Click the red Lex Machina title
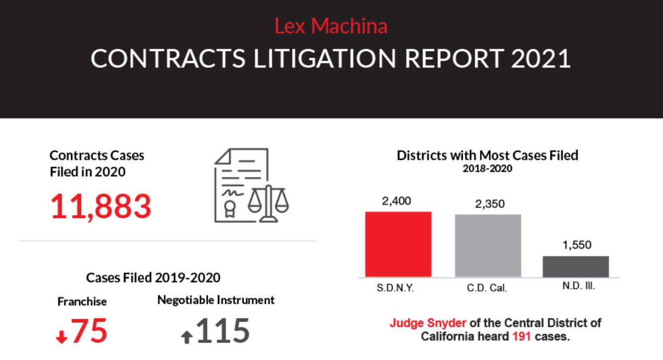click(x=331, y=26)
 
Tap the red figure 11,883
click(x=101, y=206)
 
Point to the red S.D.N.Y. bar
click(x=398, y=244)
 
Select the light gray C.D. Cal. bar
click(x=488, y=246)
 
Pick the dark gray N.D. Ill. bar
click(x=576, y=267)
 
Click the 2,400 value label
click(x=398, y=202)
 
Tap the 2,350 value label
click(x=488, y=204)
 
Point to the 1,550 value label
click(x=577, y=245)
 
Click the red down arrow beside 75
click(x=61, y=338)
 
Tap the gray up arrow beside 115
click(x=187, y=337)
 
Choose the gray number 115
click(x=223, y=331)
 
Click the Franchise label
click(x=82, y=301)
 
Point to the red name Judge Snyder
click(x=428, y=323)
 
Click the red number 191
click(x=521, y=336)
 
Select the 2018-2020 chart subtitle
click(x=487, y=169)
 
